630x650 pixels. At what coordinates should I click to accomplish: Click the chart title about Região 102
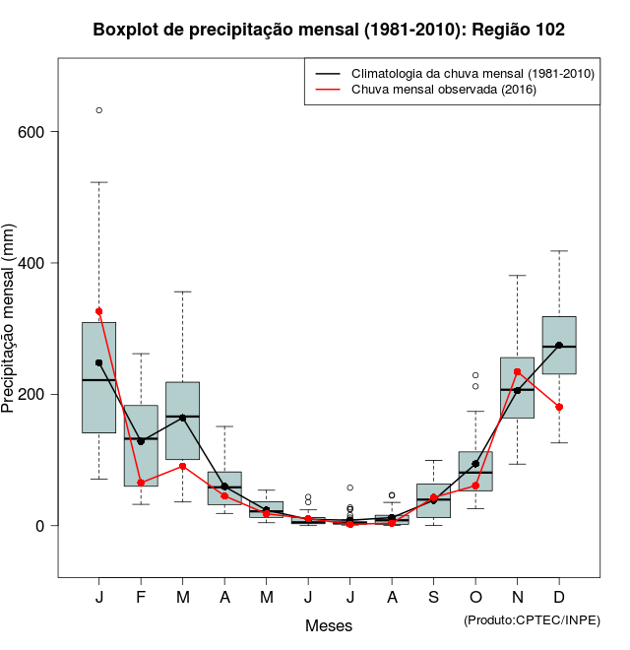click(329, 30)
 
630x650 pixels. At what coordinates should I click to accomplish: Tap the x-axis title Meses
click(329, 626)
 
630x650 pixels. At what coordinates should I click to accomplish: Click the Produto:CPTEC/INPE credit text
click(532, 619)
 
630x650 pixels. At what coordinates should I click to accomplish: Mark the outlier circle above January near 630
click(99, 110)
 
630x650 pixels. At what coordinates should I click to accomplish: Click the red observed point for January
click(99, 311)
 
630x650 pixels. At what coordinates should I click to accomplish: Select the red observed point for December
click(559, 407)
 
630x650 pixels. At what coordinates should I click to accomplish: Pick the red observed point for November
click(518, 372)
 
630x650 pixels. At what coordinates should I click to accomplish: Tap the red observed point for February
click(141, 483)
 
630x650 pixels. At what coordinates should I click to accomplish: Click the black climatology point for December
click(559, 346)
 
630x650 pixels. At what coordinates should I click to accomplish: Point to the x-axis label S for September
click(434, 598)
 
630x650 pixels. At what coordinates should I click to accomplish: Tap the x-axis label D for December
click(559, 598)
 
